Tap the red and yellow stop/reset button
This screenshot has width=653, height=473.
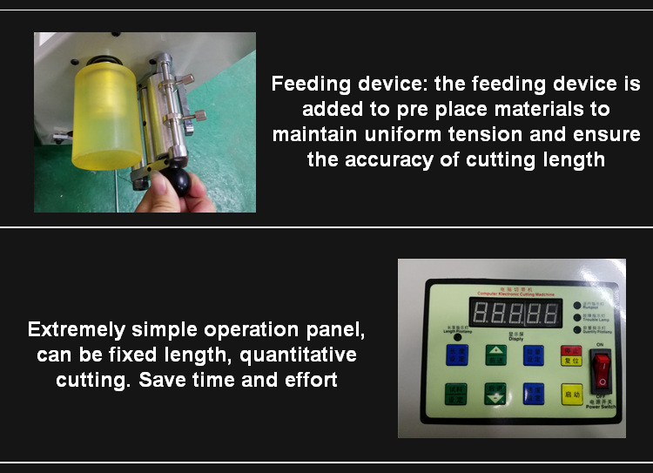[x=571, y=355]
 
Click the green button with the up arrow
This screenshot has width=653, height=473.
[x=495, y=355]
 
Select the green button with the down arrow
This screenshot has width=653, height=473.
[x=495, y=394]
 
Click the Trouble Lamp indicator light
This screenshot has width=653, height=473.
[x=576, y=318]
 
